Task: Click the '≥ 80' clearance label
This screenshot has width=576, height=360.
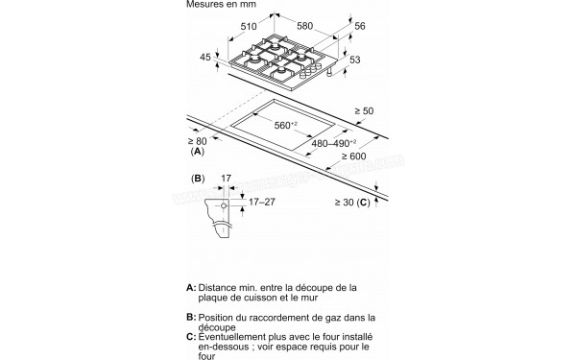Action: (x=198, y=141)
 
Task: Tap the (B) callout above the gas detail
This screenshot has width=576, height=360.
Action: (x=198, y=179)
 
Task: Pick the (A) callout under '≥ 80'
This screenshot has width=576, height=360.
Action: (x=198, y=152)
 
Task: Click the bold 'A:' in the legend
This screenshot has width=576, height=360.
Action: (x=190, y=287)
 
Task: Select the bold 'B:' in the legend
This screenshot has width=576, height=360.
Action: (x=190, y=316)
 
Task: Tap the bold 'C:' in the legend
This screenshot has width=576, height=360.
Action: (x=190, y=337)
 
